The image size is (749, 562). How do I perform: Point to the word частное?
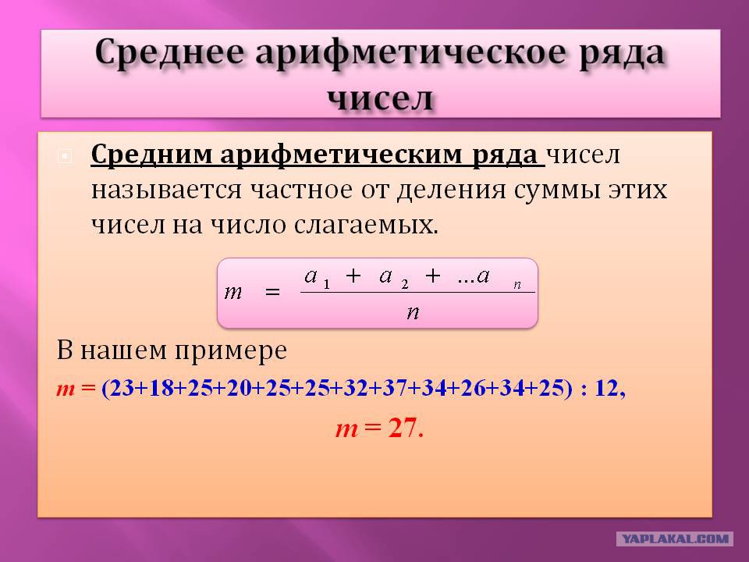pos(302,190)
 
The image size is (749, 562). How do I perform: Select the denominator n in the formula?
pos(414,312)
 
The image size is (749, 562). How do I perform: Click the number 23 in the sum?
pos(122,388)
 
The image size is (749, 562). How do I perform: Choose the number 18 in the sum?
pos(161,388)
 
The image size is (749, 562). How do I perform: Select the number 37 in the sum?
pos(395,388)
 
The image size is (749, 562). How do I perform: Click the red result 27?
pos(403,428)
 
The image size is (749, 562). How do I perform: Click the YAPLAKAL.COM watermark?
pos(674,539)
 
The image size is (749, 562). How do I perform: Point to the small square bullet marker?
pos(65,156)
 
